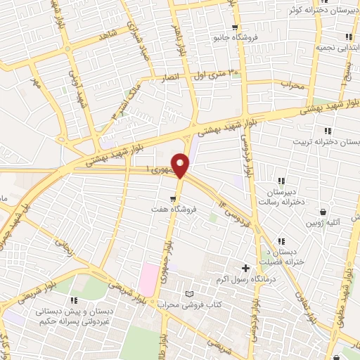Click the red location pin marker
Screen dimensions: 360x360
point(181,165)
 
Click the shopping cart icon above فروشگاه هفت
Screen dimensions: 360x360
point(163,199)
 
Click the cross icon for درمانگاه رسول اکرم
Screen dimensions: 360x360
point(245,268)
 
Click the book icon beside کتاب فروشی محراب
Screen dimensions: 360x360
point(188,293)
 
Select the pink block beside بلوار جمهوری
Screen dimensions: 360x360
point(147,278)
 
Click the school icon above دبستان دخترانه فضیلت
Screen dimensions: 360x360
point(281,242)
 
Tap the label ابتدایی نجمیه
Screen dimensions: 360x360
point(339,47)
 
